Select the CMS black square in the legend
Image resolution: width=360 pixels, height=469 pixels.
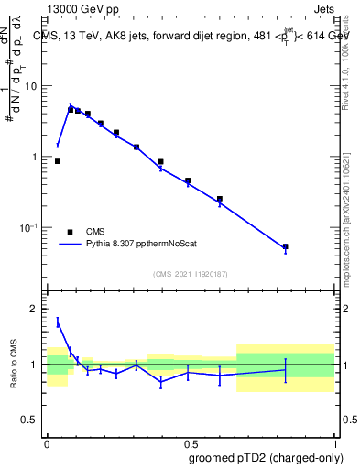tap(70, 232)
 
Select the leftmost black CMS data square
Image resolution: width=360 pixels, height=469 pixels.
tap(58, 161)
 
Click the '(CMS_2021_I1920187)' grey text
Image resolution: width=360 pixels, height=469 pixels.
tap(190, 273)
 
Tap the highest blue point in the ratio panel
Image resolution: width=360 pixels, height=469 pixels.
tap(58, 322)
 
